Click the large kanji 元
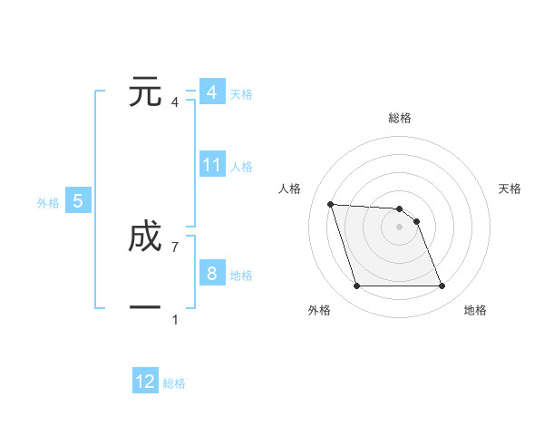(145, 92)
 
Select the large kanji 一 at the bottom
(145, 309)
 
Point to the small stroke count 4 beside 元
(175, 102)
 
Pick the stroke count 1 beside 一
(175, 319)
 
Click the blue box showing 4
(211, 92)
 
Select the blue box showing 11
(212, 165)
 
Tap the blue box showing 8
(211, 274)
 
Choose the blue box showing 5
(78, 201)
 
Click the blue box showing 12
(145, 382)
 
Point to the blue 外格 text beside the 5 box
(48, 203)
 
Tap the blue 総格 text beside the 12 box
(174, 383)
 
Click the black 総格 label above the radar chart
(400, 118)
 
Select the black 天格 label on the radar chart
(510, 189)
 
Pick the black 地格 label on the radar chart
(475, 310)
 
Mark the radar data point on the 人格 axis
(330, 204)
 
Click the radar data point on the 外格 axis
(356, 286)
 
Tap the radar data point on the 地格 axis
(442, 286)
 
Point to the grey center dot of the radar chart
(399, 228)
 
